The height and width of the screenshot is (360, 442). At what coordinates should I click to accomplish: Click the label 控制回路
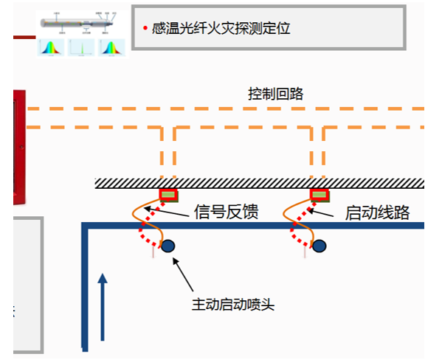(275, 94)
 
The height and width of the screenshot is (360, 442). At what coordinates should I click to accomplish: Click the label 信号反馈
(226, 213)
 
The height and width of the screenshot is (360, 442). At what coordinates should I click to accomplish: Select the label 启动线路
(377, 213)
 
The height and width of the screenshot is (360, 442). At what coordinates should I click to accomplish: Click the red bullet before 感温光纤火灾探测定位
(145, 29)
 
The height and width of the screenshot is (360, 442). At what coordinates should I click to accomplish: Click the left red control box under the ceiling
(169, 195)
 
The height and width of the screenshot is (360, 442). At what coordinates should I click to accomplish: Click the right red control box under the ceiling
(320, 195)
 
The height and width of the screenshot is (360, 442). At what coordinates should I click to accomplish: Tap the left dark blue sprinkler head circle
(169, 246)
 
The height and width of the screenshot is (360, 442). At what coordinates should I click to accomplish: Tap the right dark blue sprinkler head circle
(319, 246)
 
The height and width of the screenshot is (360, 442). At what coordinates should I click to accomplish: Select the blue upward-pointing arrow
(103, 306)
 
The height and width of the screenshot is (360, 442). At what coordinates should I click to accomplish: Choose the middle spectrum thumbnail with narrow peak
(81, 48)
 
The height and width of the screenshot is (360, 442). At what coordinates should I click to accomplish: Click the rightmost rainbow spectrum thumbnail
(111, 48)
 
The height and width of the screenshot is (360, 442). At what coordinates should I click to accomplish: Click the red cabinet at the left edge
(18, 148)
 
